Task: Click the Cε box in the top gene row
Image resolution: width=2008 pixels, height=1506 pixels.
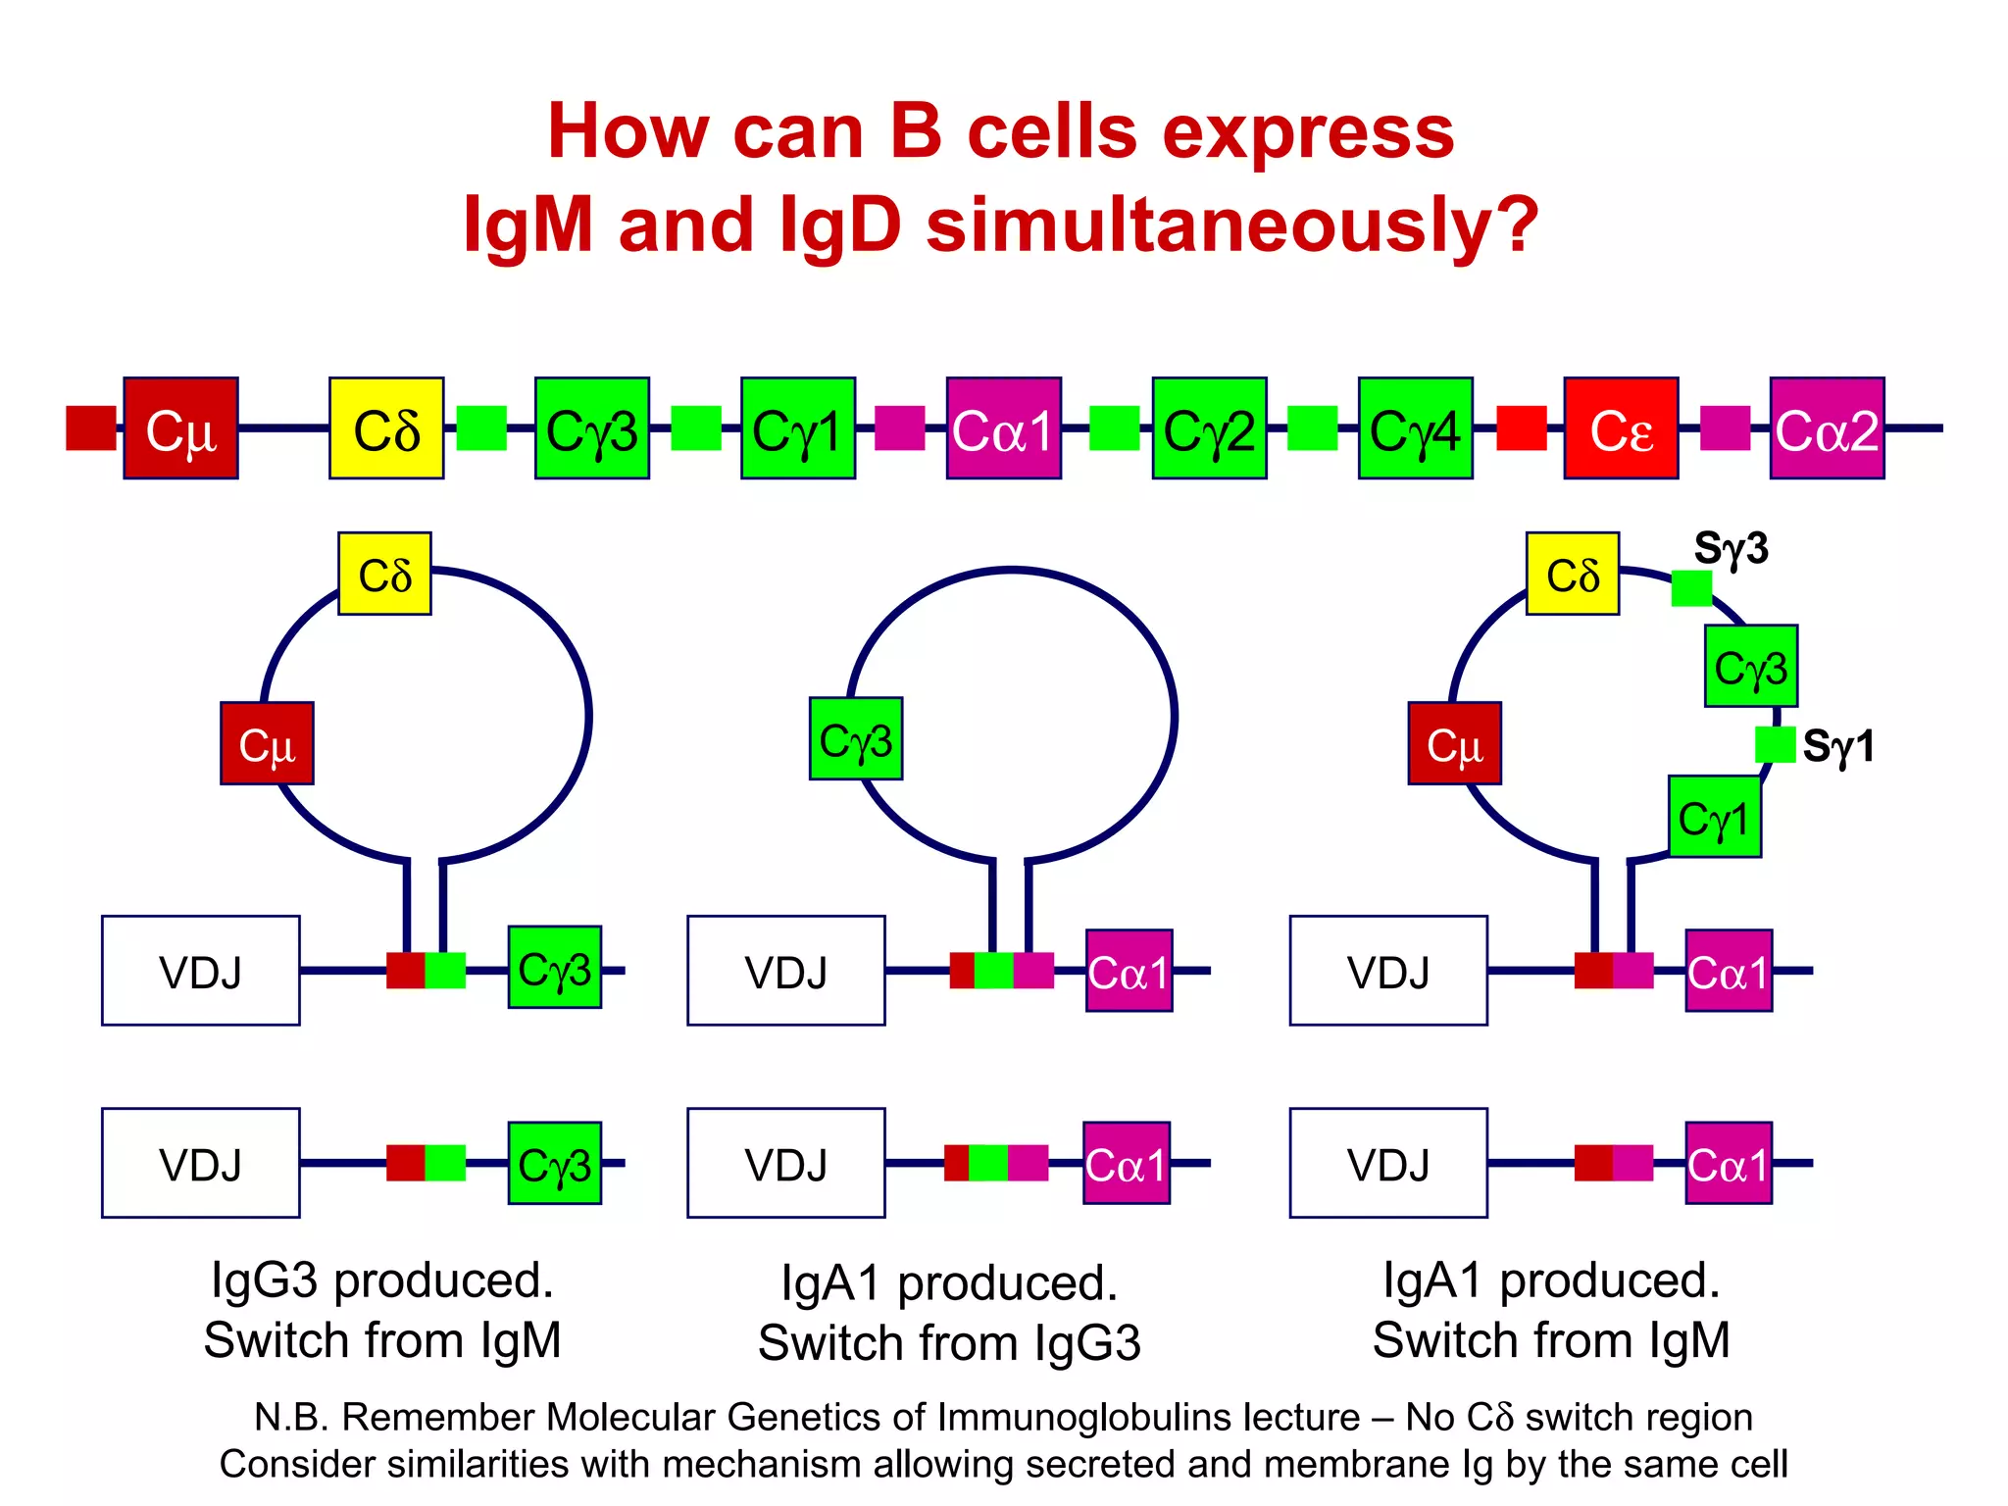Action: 1621,428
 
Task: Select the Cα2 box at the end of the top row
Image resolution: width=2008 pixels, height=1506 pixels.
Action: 1827,428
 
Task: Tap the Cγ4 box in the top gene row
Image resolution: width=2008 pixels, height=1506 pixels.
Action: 1415,428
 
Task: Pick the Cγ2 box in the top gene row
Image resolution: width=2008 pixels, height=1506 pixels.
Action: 1209,428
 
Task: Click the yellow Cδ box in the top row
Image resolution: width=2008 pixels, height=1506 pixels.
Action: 386,428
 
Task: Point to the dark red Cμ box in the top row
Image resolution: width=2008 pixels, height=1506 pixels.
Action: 180,428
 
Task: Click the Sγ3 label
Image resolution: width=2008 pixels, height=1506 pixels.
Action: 1731,548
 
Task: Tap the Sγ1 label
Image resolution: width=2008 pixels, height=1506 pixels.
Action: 1838,746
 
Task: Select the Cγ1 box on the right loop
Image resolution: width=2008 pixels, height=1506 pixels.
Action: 1714,817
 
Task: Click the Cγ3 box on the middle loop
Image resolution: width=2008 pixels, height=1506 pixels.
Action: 856,739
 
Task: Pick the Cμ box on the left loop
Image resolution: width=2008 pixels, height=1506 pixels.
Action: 267,743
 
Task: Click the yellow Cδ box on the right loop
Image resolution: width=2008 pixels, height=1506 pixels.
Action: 1573,575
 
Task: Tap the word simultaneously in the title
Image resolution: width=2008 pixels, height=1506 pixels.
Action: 1231,225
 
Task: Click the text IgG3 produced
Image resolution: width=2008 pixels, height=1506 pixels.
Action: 382,1280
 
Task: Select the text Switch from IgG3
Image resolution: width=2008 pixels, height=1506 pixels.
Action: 949,1342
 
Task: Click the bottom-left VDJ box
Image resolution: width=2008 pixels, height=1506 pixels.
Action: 201,1163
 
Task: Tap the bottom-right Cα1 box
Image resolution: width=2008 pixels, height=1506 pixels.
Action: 1728,1163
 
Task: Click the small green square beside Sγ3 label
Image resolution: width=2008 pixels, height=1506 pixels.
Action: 1691,588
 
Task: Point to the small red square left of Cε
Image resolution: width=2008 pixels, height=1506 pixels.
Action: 1521,428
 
